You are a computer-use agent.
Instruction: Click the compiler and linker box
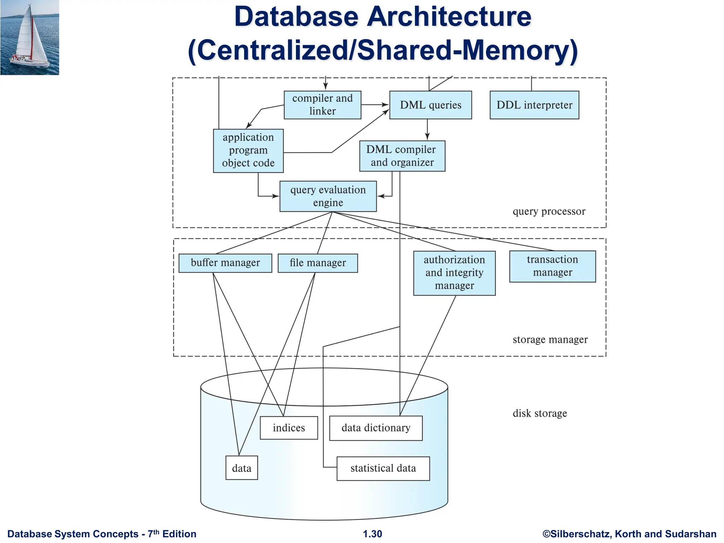coord(322,105)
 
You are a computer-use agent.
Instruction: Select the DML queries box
coord(430,105)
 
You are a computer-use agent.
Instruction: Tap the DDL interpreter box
coord(534,105)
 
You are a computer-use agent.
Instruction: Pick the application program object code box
coord(248,151)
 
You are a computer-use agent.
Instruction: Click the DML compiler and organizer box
coord(402,156)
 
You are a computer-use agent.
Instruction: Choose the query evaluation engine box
coord(328,196)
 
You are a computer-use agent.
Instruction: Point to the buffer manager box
coord(225,263)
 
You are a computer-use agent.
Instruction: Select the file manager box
coord(317,263)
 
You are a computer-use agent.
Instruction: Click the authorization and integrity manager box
coord(454,273)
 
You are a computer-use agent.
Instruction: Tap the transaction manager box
coord(552,266)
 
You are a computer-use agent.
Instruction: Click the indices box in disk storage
coord(288,428)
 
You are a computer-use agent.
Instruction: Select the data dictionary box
coord(376,428)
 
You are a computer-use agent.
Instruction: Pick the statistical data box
coord(383,468)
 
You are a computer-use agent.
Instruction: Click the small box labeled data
coord(241,468)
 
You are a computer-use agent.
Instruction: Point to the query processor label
coord(549,211)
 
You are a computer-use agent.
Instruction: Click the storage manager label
coord(550,340)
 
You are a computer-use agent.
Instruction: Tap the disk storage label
coord(539,413)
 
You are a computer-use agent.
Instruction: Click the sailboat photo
coord(30,37)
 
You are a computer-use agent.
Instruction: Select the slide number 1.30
coord(372,534)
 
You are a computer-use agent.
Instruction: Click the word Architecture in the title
coord(449,17)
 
